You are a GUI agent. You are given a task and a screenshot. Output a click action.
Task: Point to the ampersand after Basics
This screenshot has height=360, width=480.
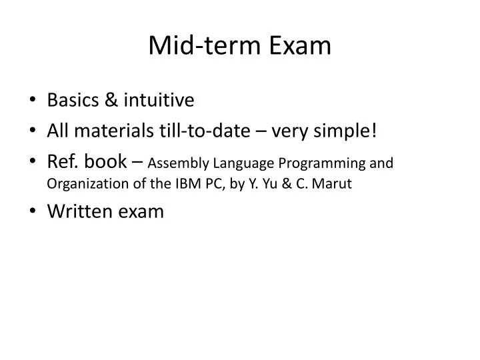click(x=111, y=100)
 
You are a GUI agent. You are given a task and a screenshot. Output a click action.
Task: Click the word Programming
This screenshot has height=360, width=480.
click(x=321, y=163)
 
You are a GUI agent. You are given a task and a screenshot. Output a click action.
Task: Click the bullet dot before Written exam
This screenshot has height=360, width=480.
click(x=33, y=213)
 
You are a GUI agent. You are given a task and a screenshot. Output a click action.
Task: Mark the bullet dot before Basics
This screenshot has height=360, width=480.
click(x=33, y=101)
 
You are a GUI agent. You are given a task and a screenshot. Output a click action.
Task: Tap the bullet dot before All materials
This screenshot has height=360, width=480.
click(x=33, y=131)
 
